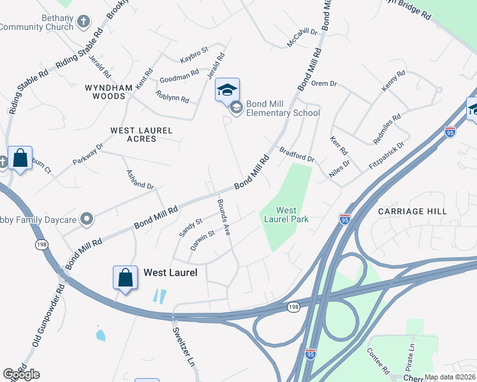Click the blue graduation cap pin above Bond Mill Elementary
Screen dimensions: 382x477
[x=227, y=90]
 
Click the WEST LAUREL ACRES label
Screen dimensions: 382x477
[x=141, y=134]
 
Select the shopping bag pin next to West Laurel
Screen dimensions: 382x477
[x=126, y=278]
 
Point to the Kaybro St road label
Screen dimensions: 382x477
[x=193, y=50]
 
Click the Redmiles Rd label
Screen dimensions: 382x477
[x=388, y=127]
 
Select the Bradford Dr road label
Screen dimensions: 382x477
[x=297, y=153]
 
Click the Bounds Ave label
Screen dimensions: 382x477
[x=223, y=217]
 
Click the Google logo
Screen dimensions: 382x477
[x=21, y=374]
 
